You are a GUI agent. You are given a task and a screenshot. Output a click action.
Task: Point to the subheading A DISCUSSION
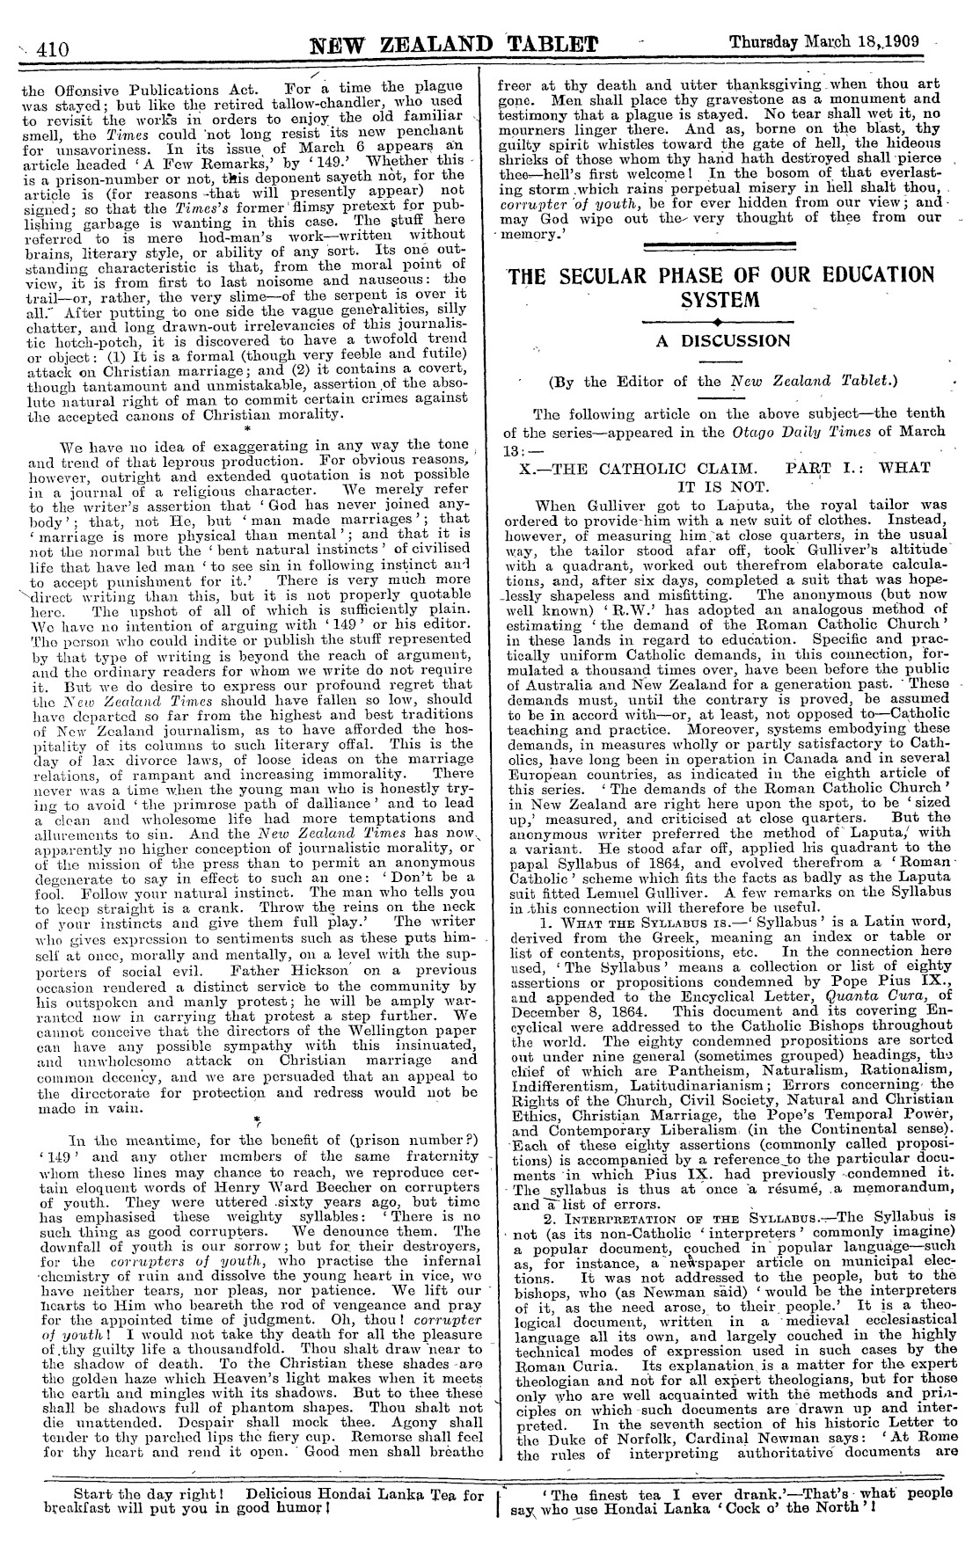pos(724,341)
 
